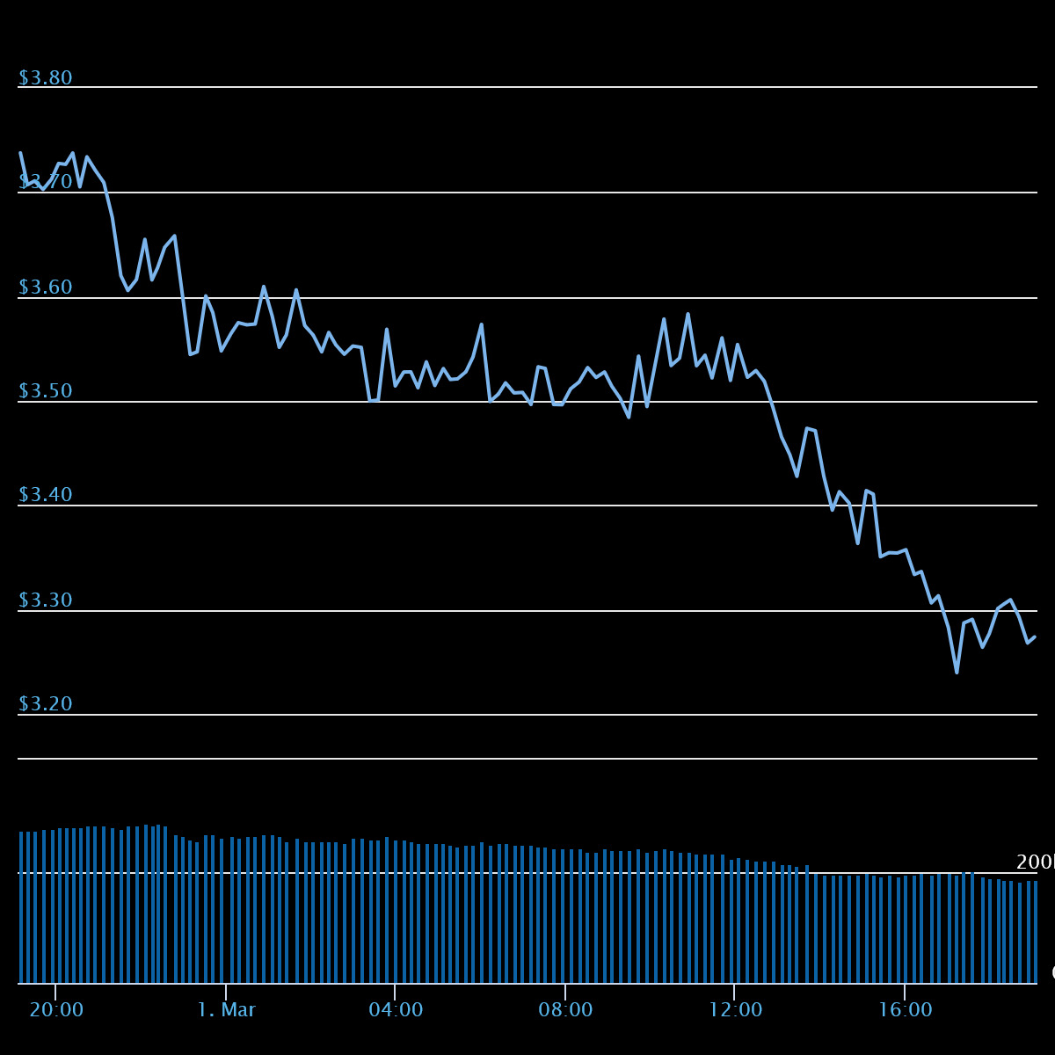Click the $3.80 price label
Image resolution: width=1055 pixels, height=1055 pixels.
45,78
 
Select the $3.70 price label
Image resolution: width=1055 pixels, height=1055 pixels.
45,182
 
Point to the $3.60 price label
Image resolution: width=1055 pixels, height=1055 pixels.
45,287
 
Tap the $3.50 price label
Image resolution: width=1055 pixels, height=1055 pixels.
45,391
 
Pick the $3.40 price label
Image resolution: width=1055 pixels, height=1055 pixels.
45,495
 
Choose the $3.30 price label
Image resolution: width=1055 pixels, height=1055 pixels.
45,600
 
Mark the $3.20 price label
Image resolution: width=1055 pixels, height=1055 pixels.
45,704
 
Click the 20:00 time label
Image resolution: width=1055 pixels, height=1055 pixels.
56,1010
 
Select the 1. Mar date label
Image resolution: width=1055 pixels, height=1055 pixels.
226,1010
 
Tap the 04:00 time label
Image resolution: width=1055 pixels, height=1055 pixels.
396,1010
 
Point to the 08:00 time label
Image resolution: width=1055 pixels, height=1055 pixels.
565,1010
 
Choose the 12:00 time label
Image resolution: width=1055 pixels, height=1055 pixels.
736,1010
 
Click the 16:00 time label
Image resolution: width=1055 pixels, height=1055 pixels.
906,1010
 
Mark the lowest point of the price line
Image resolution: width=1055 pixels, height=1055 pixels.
957,673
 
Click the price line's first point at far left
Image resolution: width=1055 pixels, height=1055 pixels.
20,153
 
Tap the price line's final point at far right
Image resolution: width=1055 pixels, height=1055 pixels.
1035,637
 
